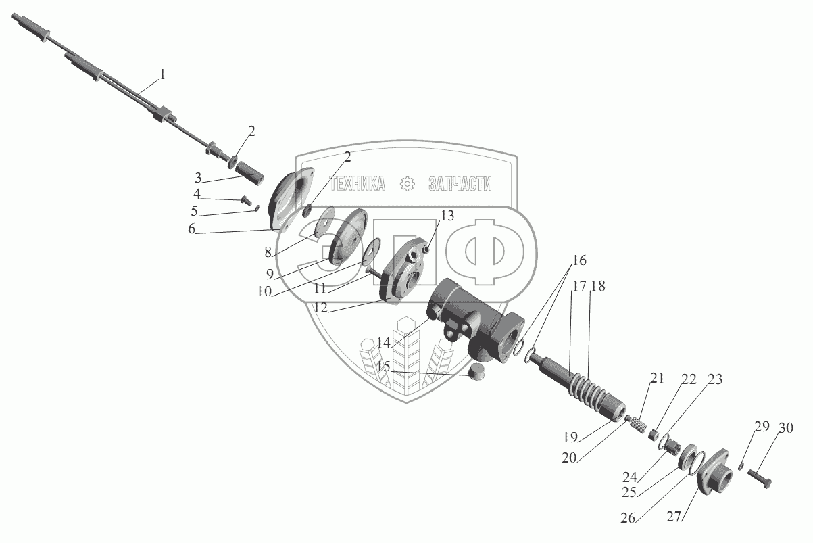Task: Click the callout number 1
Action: [162, 74]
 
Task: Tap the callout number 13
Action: [447, 216]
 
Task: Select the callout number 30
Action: [786, 428]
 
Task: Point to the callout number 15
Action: [383, 366]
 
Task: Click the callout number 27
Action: [674, 516]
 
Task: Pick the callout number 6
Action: [192, 229]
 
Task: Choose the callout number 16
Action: [579, 260]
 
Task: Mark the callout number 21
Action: [657, 378]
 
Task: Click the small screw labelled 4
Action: [247, 199]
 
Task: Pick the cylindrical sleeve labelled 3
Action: [249, 174]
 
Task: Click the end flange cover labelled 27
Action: [713, 471]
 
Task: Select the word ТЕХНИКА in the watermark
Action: [358, 184]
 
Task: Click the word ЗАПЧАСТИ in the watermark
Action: [460, 184]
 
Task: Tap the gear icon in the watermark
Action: [407, 184]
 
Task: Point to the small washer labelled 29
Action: [741, 466]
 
